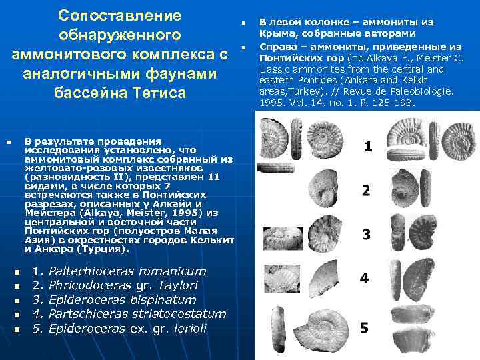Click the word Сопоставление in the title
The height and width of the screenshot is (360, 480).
point(119,15)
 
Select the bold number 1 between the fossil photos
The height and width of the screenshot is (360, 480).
point(368,146)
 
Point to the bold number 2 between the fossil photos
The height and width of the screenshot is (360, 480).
point(366,191)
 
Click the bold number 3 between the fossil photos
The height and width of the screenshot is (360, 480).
point(366,235)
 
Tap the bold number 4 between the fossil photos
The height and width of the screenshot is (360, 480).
point(364,278)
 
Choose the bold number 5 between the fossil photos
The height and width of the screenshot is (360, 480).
point(364,327)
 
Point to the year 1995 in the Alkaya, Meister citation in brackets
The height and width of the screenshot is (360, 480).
point(187,213)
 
